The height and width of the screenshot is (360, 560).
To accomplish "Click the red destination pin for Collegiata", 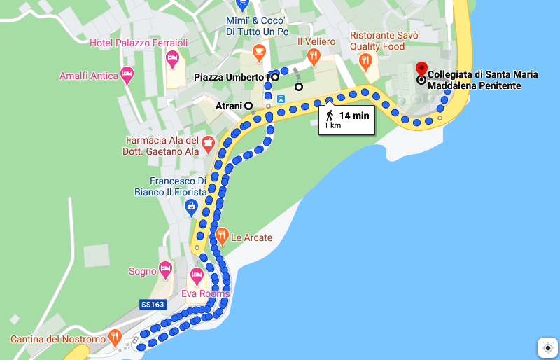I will [x=421, y=69].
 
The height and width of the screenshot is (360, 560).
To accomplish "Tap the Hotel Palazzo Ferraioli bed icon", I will [x=174, y=61].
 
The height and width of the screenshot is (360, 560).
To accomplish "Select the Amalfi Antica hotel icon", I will [x=127, y=74].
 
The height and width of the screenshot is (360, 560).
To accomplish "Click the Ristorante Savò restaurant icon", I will [x=364, y=62].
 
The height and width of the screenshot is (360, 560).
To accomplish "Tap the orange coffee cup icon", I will [x=259, y=51].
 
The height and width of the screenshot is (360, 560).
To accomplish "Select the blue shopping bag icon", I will [x=190, y=206].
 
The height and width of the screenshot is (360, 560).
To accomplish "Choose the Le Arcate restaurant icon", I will [x=222, y=235].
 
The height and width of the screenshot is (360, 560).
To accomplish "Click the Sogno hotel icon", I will [x=165, y=268].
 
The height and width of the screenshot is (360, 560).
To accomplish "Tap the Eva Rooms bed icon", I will [x=197, y=275].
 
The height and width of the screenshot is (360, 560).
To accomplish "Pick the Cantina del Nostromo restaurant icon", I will [x=116, y=339].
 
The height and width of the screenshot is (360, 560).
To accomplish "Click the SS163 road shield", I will [x=152, y=305].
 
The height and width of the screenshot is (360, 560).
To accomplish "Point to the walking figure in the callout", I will [x=329, y=116].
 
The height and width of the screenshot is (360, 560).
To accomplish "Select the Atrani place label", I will [x=228, y=106].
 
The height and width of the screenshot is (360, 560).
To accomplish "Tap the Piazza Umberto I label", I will [x=231, y=77].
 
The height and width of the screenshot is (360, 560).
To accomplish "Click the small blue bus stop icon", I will [x=281, y=99].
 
